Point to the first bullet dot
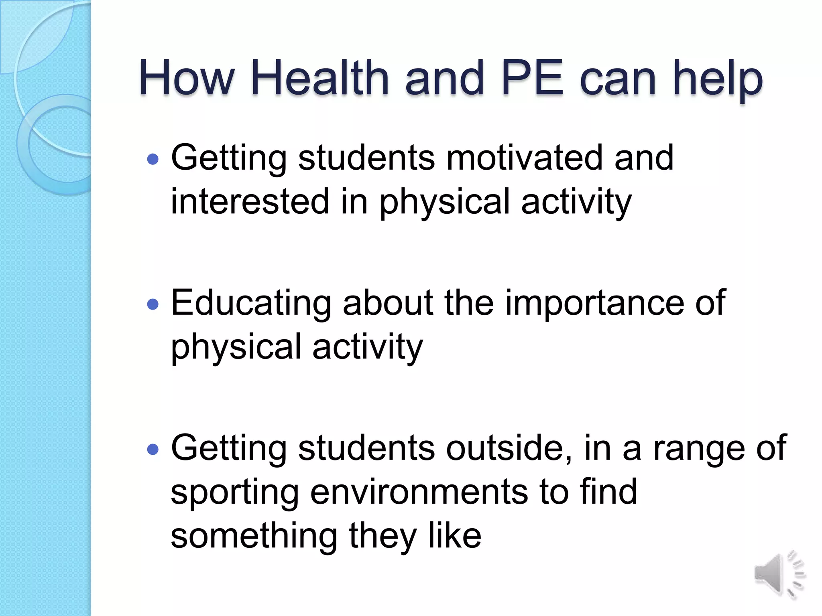153,160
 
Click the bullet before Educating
153,305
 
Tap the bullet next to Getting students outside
153,450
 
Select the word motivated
524,158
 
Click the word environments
419,492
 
